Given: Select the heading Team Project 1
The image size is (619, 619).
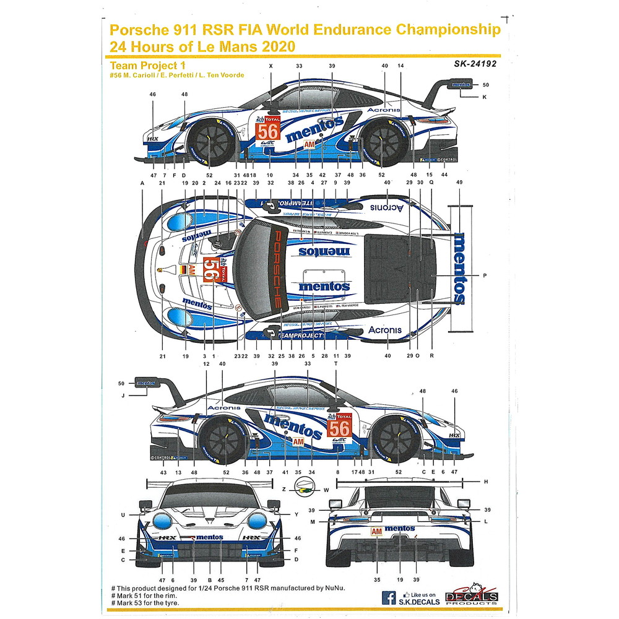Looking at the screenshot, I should pyautogui.click(x=148, y=64).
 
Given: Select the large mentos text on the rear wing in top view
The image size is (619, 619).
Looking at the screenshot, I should pyautogui.click(x=459, y=268).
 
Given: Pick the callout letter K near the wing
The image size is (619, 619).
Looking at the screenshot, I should pyautogui.click(x=485, y=97).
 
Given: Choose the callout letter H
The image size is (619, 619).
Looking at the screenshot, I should pyautogui.click(x=487, y=481).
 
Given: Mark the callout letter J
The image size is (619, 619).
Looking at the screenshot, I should pyautogui.click(x=123, y=394).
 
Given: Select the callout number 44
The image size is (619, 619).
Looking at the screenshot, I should pyautogui.click(x=444, y=176).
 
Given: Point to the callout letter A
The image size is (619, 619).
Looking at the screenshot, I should pyautogui.click(x=142, y=184).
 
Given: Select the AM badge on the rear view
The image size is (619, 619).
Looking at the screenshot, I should pyautogui.click(x=376, y=531).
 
